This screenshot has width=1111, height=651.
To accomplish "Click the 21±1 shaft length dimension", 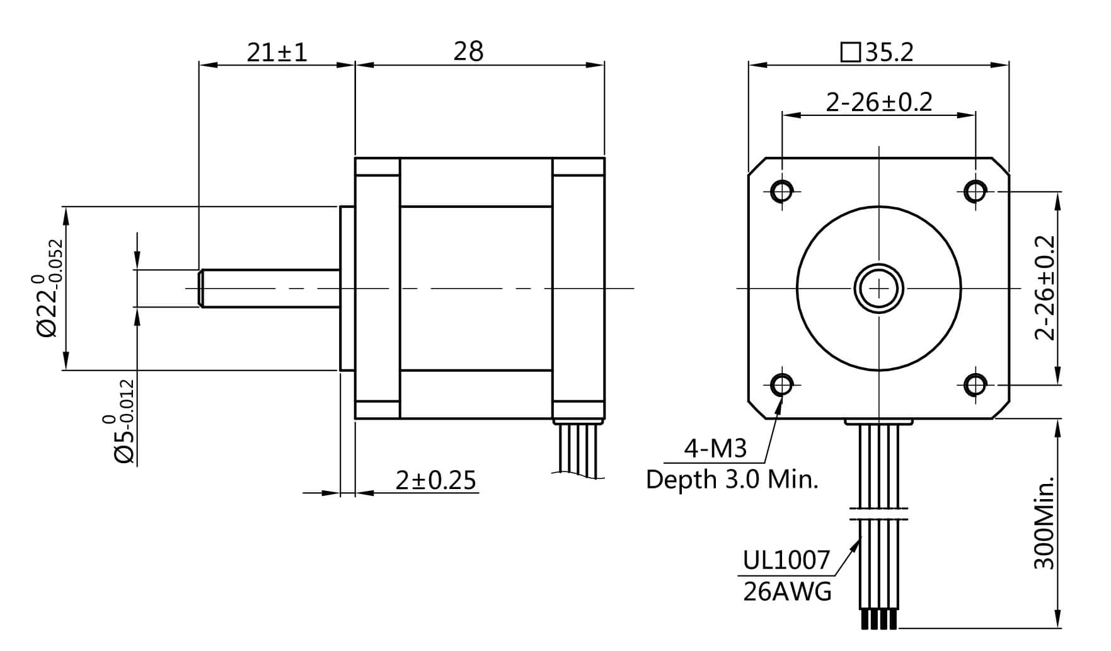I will point(277,52).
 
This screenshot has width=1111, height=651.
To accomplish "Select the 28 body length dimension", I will point(468,52).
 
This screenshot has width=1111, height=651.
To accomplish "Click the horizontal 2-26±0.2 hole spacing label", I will point(878,101).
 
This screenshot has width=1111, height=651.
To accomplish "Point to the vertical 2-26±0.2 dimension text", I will point(1045,288).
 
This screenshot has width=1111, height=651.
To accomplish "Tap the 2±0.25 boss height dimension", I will point(435,480).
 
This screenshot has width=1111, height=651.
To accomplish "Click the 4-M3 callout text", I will point(715,448).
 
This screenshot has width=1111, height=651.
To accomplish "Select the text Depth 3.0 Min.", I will point(732,480).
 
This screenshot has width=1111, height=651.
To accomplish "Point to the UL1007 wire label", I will point(786,560).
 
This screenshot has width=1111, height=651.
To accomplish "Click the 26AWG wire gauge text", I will point(787,592).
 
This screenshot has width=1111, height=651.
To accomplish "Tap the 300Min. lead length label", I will point(1045,523).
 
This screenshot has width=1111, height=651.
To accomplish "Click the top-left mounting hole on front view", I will point(782,190).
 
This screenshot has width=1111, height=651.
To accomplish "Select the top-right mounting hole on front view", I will point(976,190).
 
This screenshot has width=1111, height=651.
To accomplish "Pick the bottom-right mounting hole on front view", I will point(976,384).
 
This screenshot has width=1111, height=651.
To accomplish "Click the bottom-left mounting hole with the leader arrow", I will point(782,384).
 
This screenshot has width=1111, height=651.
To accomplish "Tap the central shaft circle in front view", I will point(878,289).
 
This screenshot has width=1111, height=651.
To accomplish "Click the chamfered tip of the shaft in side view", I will point(201,289).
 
